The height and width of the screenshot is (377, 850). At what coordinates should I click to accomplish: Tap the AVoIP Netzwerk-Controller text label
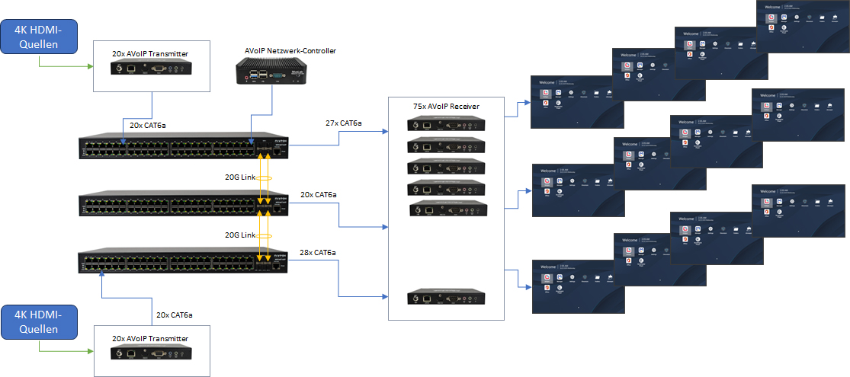coord(290,51)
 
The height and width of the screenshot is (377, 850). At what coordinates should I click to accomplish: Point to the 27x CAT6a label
coord(343,123)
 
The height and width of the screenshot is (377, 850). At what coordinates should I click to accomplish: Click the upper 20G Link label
coord(240,177)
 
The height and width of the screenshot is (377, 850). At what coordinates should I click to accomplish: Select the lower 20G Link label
coord(240,235)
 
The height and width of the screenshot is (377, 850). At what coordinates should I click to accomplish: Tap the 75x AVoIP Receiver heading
coord(446,106)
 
